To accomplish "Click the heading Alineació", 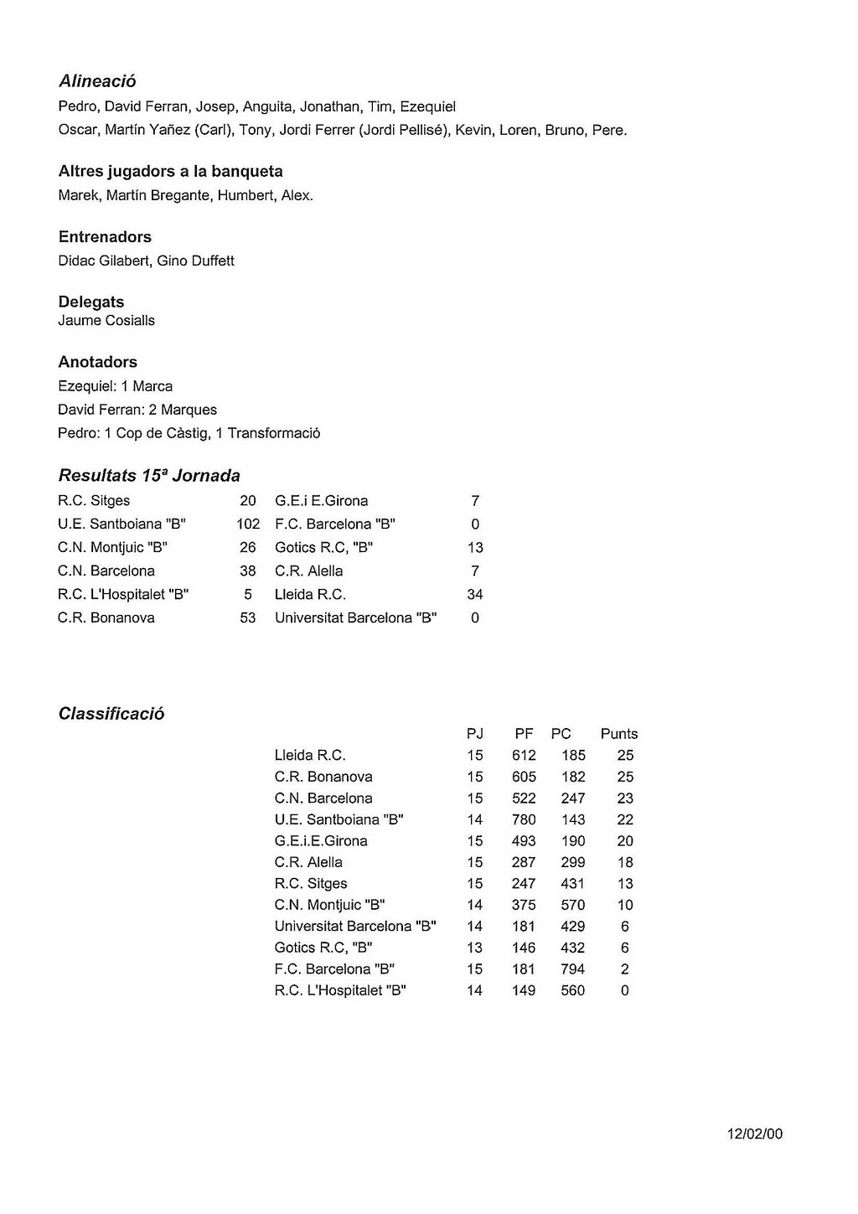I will tap(97, 81).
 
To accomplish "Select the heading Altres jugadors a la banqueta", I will tap(170, 172).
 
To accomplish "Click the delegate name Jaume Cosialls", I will tap(106, 320).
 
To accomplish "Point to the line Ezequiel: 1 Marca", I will tap(115, 386).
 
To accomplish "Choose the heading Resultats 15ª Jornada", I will tap(149, 476).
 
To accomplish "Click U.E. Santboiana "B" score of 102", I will tap(248, 524).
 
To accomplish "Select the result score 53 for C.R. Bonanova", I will tap(248, 618).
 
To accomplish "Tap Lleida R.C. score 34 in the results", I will tap(475, 595).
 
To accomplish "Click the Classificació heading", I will tap(111, 714).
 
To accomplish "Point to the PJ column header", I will tap(475, 734).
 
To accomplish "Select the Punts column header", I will tap(619, 734).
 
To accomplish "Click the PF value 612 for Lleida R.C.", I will tap(524, 756).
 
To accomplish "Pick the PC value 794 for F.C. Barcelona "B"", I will tap(573, 969).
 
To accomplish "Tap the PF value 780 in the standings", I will tap(524, 819).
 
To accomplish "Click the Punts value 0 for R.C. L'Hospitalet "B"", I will tap(625, 990).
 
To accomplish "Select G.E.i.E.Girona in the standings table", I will tap(321, 841).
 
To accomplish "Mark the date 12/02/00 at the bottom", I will tap(755, 1134).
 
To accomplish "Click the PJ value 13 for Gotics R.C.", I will tap(475, 948).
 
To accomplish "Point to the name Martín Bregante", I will tap(158, 196).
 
